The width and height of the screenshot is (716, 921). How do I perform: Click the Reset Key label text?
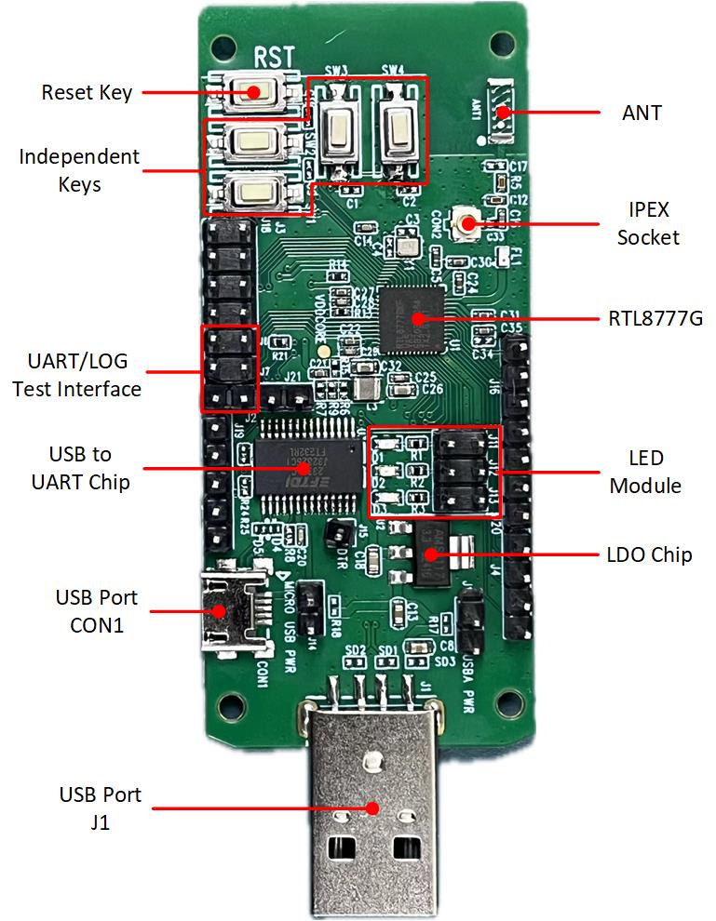point(87,93)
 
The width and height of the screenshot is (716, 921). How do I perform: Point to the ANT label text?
point(642,113)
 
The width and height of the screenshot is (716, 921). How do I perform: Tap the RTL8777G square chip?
point(416,318)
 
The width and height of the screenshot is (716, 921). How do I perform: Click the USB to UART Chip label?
point(79,468)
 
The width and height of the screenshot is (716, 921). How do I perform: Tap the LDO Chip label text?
point(649,555)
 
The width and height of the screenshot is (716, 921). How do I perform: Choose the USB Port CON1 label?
point(96,610)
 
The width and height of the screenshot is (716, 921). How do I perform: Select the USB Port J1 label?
point(100,808)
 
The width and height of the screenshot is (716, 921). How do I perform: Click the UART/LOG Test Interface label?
point(76,375)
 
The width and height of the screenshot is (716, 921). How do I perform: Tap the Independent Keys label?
point(79,170)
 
